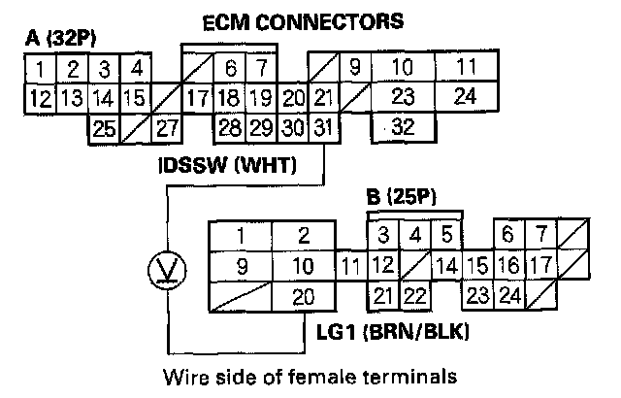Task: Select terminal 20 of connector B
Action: (x=303, y=298)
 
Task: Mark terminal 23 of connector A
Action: (x=405, y=97)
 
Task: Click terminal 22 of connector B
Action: (x=414, y=296)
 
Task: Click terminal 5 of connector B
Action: (x=445, y=234)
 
